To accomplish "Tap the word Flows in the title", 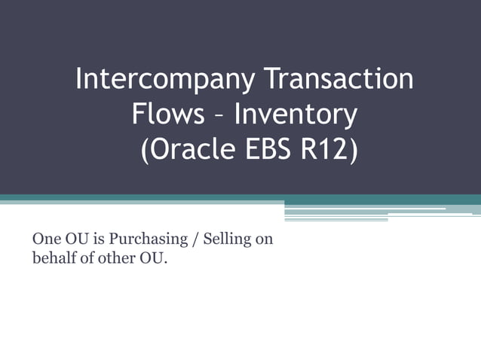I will [167, 115].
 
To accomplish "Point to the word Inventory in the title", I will [295, 115].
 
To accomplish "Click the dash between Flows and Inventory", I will [219, 117].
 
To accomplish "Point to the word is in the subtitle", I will [97, 240].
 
